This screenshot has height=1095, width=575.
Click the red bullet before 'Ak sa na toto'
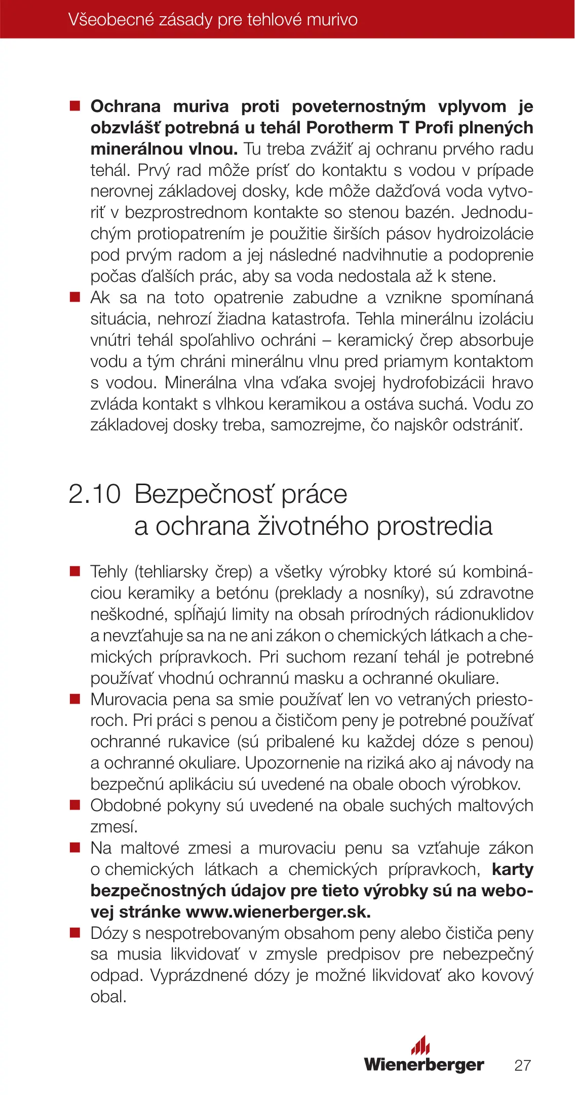(75, 298)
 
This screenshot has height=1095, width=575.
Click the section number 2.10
(95, 494)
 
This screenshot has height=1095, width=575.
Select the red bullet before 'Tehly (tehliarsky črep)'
(75, 572)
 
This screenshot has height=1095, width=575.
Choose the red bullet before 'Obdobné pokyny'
(75, 806)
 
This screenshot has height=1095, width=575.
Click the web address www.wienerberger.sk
(278, 912)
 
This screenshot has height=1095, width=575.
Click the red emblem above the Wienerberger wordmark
(420, 1046)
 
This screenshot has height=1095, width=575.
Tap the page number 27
(522, 1065)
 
